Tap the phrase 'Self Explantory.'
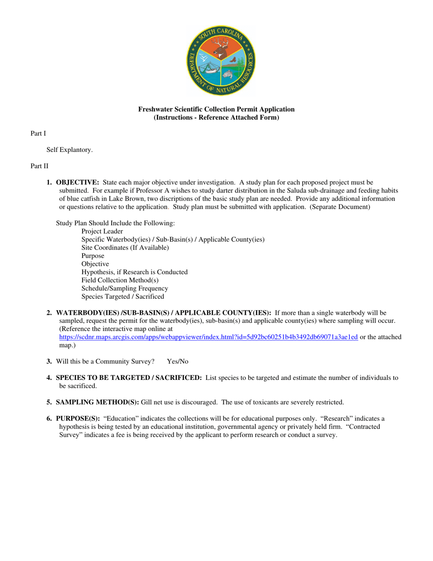tap(69, 150)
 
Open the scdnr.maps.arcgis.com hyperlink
tap(208, 338)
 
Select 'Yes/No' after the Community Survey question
tap(178, 362)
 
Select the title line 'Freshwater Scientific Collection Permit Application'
tap(216, 109)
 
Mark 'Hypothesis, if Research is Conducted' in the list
tap(134, 272)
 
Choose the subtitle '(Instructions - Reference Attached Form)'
tap(216, 117)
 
